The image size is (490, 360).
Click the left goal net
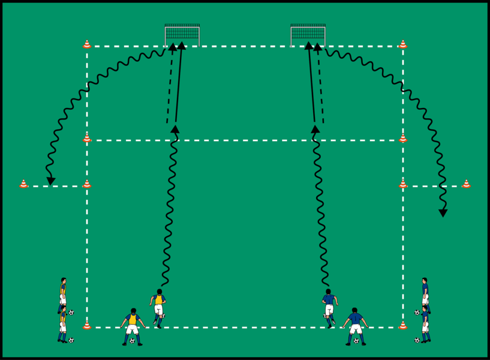point(182,35)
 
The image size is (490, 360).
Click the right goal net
point(308,35)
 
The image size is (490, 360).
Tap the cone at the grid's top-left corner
point(87,44)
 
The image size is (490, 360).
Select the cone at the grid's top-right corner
point(403,44)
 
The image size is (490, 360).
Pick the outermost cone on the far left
point(23,184)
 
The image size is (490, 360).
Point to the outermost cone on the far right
point(466,184)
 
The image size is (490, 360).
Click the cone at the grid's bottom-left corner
point(87,326)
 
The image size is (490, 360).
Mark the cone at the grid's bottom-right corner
point(403,326)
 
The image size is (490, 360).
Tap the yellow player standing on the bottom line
point(133,326)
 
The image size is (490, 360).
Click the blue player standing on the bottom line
point(355,326)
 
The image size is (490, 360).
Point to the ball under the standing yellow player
point(132,341)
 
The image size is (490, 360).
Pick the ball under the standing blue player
point(356,341)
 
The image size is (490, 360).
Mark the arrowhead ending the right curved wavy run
point(443,212)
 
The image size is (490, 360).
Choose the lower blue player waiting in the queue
point(425,324)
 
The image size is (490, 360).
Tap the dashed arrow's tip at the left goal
point(173,46)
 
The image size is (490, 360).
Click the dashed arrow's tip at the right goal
point(318,46)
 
